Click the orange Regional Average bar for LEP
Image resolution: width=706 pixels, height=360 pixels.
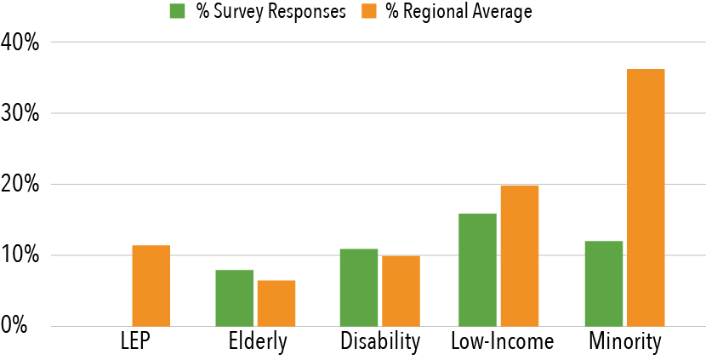pos(151,286)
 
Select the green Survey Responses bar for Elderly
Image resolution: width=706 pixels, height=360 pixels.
pos(234,298)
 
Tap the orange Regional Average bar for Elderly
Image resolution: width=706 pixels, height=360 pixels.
pos(276,303)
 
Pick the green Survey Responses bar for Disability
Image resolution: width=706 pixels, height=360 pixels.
pos(359,288)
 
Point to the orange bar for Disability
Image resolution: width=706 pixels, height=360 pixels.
pos(401,291)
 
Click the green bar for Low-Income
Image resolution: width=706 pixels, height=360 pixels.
pos(477,270)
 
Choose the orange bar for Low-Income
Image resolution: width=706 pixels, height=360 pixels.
pos(519,255)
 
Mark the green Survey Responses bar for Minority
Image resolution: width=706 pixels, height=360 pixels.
pos(603,283)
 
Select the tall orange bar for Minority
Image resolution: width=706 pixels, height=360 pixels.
pos(645,197)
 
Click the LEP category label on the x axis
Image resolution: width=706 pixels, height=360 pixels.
pos(134,342)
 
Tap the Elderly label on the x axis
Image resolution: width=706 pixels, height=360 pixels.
pos(258,343)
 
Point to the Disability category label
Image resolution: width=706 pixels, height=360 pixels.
pos(380,342)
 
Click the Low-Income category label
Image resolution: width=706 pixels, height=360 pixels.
pos(504,342)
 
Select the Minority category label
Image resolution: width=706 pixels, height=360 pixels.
pos(625,342)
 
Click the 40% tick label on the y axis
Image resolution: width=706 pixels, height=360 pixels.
pos(20,42)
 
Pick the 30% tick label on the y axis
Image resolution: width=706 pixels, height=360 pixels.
pos(20,113)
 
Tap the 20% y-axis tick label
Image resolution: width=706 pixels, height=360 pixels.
pos(20,184)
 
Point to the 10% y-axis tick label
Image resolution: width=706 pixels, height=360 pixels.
pos(20,255)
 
